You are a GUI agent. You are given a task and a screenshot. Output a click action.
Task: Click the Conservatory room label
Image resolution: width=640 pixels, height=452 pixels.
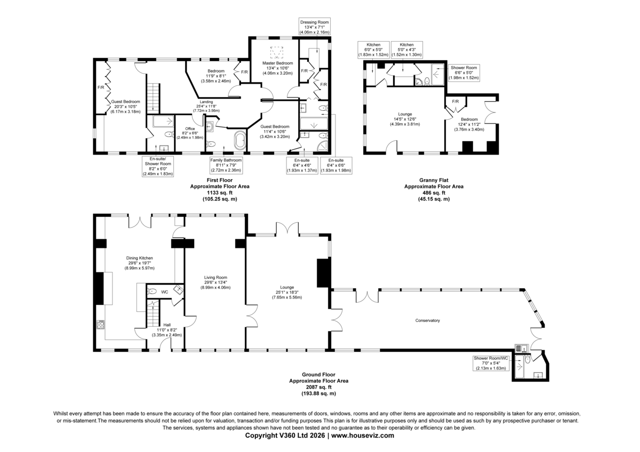click(427, 320)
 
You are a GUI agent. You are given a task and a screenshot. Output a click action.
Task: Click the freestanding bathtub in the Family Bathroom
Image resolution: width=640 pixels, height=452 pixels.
click(239, 142)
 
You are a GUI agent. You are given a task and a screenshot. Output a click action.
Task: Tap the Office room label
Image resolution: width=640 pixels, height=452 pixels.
click(190, 128)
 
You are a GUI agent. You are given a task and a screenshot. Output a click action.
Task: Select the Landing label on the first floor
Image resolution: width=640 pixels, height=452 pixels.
click(206, 102)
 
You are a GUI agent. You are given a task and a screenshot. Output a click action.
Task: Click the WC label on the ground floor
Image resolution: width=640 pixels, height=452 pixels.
click(165, 292)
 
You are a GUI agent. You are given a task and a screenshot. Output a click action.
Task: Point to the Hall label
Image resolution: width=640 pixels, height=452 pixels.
click(167, 325)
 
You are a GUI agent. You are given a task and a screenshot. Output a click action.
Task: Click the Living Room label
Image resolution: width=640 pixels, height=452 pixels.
click(215, 277)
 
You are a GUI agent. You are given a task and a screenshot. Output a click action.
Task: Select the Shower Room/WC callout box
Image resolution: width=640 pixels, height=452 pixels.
click(491, 363)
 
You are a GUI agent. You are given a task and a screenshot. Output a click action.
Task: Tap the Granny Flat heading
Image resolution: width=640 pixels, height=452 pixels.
click(433, 181)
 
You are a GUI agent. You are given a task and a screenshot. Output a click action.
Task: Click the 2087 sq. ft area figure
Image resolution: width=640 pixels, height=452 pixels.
click(318, 387)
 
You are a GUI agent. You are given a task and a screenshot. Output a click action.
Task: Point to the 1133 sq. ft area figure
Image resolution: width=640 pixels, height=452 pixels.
click(219, 193)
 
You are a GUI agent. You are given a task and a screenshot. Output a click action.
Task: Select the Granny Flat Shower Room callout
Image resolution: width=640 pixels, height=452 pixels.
click(464, 72)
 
